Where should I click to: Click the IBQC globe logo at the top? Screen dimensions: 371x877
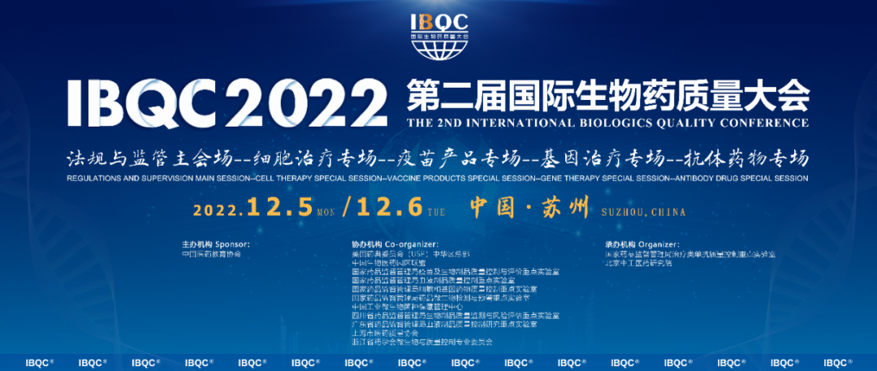(x=439, y=38)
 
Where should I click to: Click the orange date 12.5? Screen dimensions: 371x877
(x=279, y=207)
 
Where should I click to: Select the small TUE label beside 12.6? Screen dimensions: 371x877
(x=437, y=213)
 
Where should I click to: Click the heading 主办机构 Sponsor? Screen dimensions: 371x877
(x=216, y=244)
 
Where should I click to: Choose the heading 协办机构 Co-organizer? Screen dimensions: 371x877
(x=395, y=244)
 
